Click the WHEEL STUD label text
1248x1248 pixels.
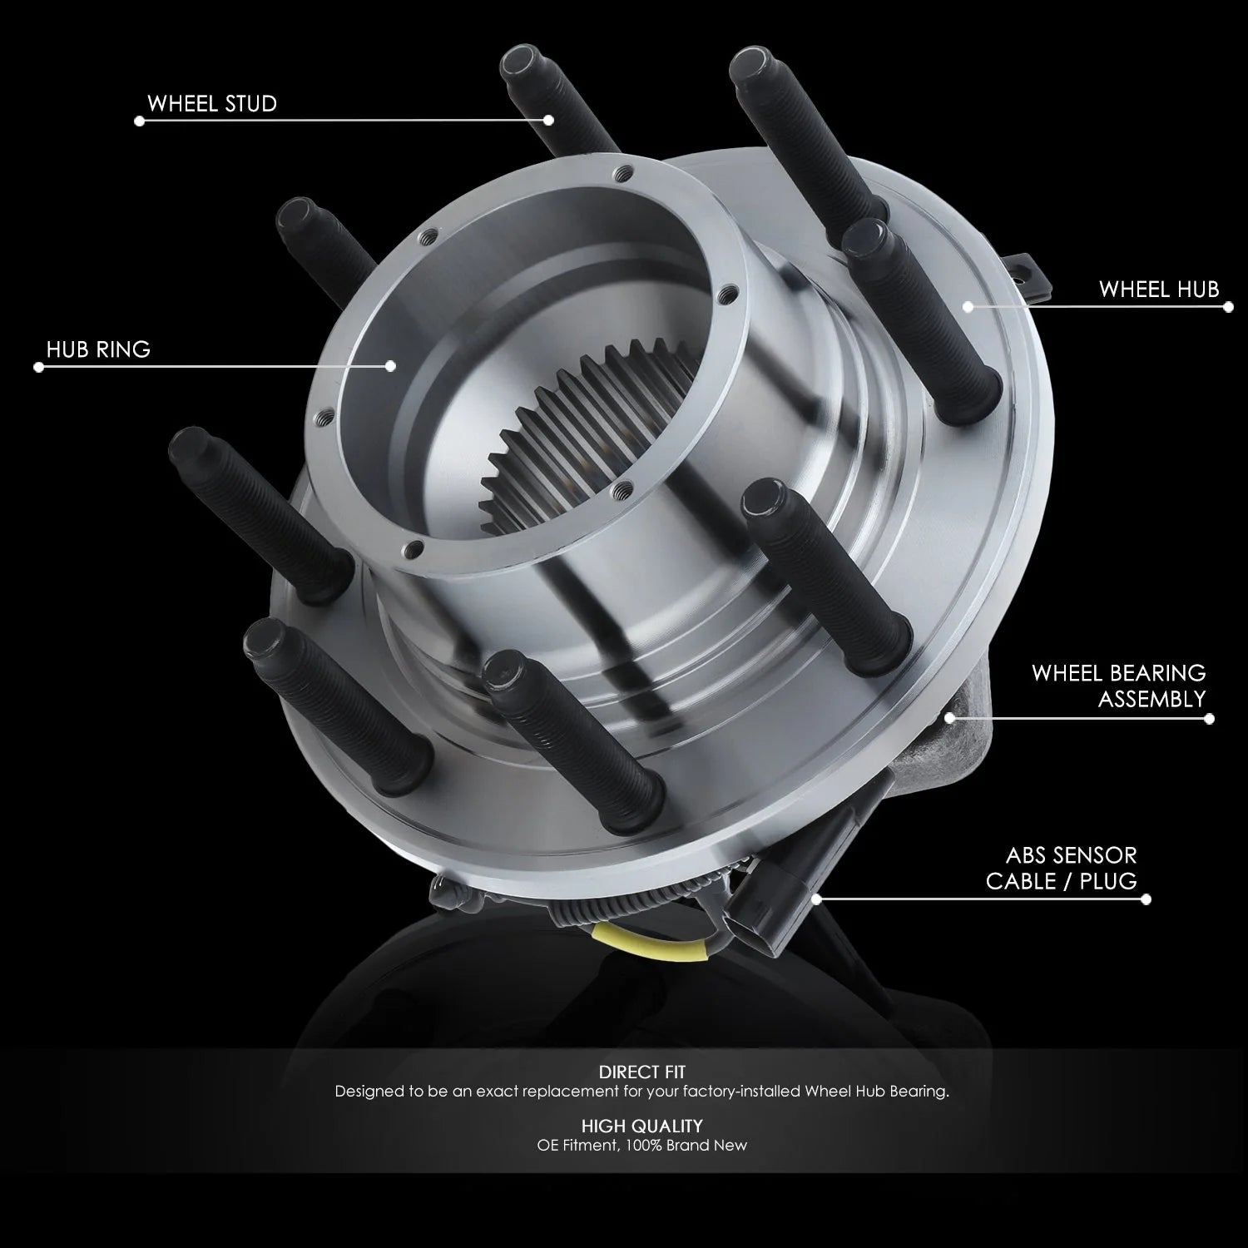(212, 104)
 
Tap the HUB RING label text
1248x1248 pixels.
(98, 349)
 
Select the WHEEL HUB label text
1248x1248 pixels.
(1159, 290)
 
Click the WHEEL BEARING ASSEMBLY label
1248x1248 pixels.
(1119, 686)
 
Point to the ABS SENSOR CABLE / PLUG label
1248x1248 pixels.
(1062, 868)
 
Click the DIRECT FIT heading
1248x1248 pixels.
(641, 1072)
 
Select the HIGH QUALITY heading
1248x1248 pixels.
(641, 1126)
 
